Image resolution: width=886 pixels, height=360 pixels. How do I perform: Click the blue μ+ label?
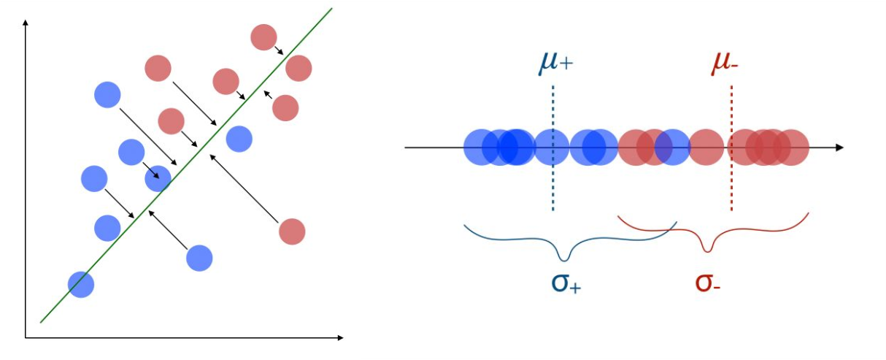tap(555, 63)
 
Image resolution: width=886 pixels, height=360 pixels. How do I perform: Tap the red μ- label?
tap(725, 63)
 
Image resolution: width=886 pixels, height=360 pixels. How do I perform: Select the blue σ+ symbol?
tap(566, 283)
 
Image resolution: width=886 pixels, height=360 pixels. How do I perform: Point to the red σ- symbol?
tap(708, 283)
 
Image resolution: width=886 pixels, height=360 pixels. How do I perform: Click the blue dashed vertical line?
tap(553, 148)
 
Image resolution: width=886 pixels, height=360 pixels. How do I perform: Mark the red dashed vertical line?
tap(731, 148)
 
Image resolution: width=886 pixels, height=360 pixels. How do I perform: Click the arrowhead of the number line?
tap(840, 148)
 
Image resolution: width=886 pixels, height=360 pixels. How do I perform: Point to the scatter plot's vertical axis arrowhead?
tap(26, 22)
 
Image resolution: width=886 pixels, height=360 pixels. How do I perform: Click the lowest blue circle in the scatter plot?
tap(81, 285)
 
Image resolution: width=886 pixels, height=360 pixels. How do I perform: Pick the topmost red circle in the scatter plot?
tap(263, 37)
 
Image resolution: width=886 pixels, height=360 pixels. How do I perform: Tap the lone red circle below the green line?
tap(292, 231)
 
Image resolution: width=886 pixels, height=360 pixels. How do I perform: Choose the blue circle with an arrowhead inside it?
tap(158, 179)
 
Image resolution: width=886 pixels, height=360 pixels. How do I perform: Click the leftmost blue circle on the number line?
tap(481, 148)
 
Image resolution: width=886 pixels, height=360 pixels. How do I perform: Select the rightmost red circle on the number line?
tap(791, 148)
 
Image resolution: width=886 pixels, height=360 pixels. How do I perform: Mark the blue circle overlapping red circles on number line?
tap(672, 148)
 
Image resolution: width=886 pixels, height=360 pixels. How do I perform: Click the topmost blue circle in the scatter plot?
tap(107, 94)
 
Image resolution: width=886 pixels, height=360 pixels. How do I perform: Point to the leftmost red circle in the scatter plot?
tap(158, 69)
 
